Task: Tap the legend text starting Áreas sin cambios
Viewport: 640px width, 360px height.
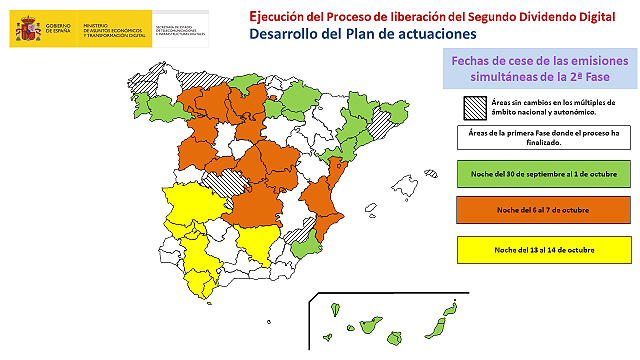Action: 554,108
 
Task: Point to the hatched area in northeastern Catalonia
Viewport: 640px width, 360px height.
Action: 381,123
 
